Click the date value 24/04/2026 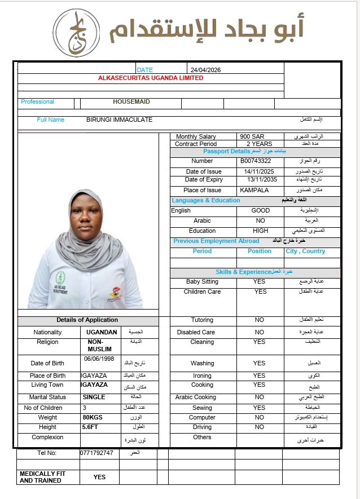point(205,70)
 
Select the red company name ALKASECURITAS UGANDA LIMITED point(151,78)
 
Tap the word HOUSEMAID point(131,102)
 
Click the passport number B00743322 point(256,161)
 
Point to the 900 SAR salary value point(252,136)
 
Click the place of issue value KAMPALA point(254,190)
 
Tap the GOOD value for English point(261,210)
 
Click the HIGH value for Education point(261,231)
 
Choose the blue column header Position point(260,251)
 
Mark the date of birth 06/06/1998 point(99,359)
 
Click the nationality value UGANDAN point(102,332)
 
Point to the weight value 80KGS point(94,417)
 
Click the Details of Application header point(87,320)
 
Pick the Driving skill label point(202,427)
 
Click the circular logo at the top point(77,32)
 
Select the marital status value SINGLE point(94,397)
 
